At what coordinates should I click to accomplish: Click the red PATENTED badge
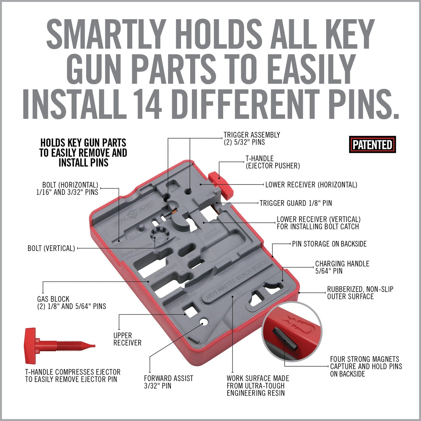click(x=372, y=145)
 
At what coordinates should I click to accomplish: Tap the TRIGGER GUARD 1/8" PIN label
click(x=296, y=203)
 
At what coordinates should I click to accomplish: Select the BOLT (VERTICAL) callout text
click(x=51, y=248)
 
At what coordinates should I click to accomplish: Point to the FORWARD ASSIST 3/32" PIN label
click(x=168, y=382)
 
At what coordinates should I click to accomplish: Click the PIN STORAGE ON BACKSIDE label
click(x=329, y=244)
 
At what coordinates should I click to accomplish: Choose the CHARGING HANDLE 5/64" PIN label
click(x=342, y=267)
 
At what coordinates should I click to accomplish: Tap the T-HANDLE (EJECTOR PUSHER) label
click(x=272, y=162)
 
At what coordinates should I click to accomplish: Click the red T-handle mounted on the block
click(x=221, y=184)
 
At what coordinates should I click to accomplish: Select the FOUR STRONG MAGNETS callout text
click(x=366, y=366)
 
